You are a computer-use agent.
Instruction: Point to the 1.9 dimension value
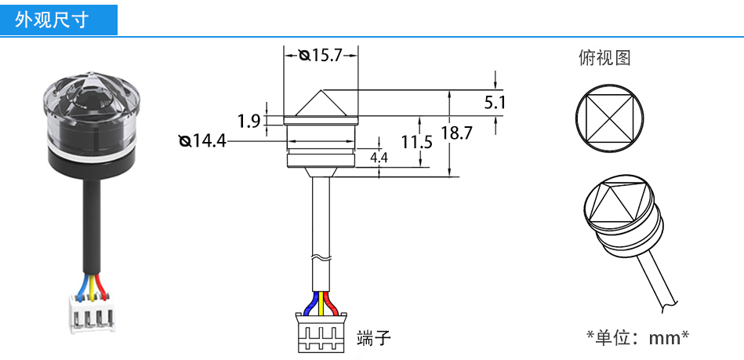point(249,121)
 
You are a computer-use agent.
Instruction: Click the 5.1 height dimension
point(495,102)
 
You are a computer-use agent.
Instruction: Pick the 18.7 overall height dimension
point(456,133)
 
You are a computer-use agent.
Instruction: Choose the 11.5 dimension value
point(417,142)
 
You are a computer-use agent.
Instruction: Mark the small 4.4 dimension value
point(379,158)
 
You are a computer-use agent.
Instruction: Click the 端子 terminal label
point(373,338)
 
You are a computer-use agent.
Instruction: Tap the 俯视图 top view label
point(604,58)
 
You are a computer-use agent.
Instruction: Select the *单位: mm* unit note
point(637,338)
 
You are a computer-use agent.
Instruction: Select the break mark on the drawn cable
point(321,257)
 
